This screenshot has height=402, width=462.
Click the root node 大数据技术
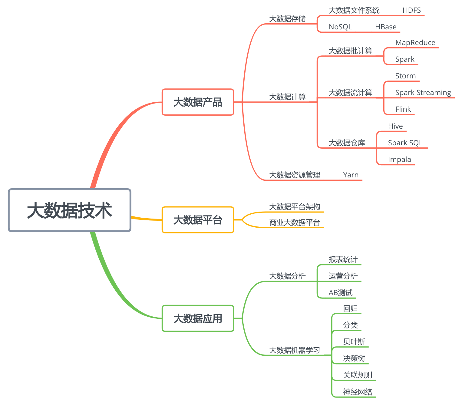(x=70, y=210)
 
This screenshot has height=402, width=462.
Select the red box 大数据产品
(x=198, y=102)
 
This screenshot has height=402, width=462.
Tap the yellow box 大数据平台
(x=198, y=220)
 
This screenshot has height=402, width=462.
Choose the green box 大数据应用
(x=198, y=318)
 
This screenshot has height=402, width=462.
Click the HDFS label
(x=411, y=10)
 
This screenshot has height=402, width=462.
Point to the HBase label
(x=385, y=27)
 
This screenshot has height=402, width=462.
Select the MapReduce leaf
(x=415, y=43)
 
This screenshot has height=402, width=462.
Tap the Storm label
(x=405, y=76)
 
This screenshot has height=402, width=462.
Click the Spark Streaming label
(x=423, y=93)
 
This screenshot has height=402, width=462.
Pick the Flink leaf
(x=403, y=109)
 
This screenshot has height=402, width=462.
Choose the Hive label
(x=395, y=126)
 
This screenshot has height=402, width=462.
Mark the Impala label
(x=399, y=160)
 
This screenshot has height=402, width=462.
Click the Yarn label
(x=351, y=175)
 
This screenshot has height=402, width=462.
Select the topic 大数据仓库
(x=347, y=143)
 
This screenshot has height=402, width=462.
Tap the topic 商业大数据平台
(x=295, y=223)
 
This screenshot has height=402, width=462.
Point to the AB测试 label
(x=341, y=293)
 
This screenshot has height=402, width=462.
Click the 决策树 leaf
(x=354, y=358)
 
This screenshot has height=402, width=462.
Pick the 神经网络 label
(x=358, y=392)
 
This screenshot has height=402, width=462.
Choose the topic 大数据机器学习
(x=295, y=350)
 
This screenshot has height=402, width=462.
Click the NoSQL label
(x=340, y=27)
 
